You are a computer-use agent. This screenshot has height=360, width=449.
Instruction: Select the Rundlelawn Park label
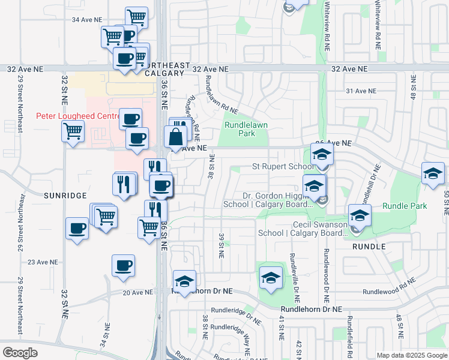coord(248,129)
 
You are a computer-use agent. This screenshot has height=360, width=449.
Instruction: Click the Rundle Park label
coord(405,206)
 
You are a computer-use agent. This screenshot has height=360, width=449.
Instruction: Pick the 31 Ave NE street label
coord(361,91)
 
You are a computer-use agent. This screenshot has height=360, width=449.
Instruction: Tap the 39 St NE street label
coord(221,245)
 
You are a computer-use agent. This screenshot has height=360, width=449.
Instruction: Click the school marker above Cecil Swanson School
coord(360,215)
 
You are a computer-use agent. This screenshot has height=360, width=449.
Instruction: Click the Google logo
coord(20,353)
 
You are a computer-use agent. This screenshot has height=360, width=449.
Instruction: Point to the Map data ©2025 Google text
coord(411,355)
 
